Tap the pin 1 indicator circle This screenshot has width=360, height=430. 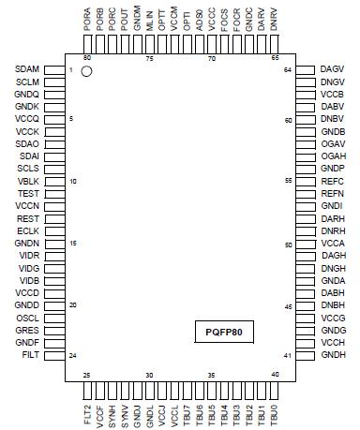(87, 72)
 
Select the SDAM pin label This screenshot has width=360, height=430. (27, 70)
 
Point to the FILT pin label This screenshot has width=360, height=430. (30, 356)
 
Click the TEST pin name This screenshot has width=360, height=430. (28, 194)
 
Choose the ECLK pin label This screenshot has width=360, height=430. (27, 230)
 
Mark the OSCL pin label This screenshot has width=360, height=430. (27, 319)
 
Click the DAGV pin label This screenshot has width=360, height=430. (332, 70)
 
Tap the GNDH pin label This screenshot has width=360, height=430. (333, 356)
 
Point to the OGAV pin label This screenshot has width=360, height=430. (333, 144)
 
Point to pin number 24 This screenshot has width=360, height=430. (72, 356)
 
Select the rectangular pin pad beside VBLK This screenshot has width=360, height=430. (54, 181)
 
